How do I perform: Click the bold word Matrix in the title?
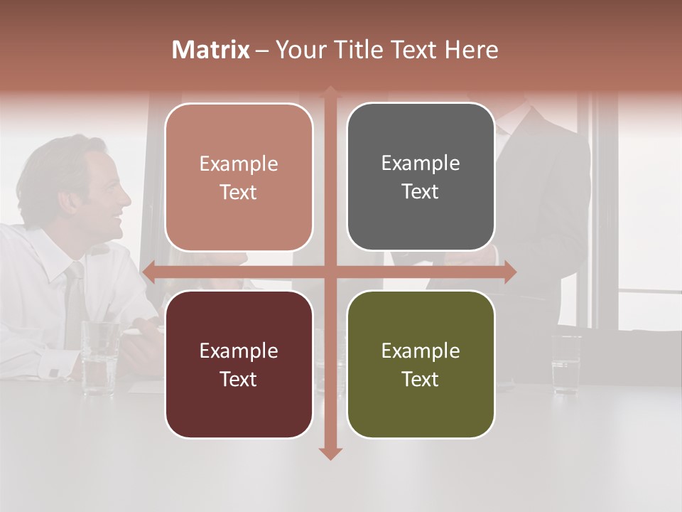point(211,50)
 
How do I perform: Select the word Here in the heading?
point(472,50)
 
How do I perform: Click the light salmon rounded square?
point(239,177)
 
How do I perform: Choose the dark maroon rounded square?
point(239,364)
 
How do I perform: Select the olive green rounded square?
point(421,364)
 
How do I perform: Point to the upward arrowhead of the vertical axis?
point(330,92)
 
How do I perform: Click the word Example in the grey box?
point(421,163)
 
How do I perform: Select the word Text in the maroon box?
point(238,379)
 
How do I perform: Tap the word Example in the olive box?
point(421,351)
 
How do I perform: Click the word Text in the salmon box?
point(238,192)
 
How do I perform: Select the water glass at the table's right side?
point(566,364)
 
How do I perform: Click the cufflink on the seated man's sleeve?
point(55,372)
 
